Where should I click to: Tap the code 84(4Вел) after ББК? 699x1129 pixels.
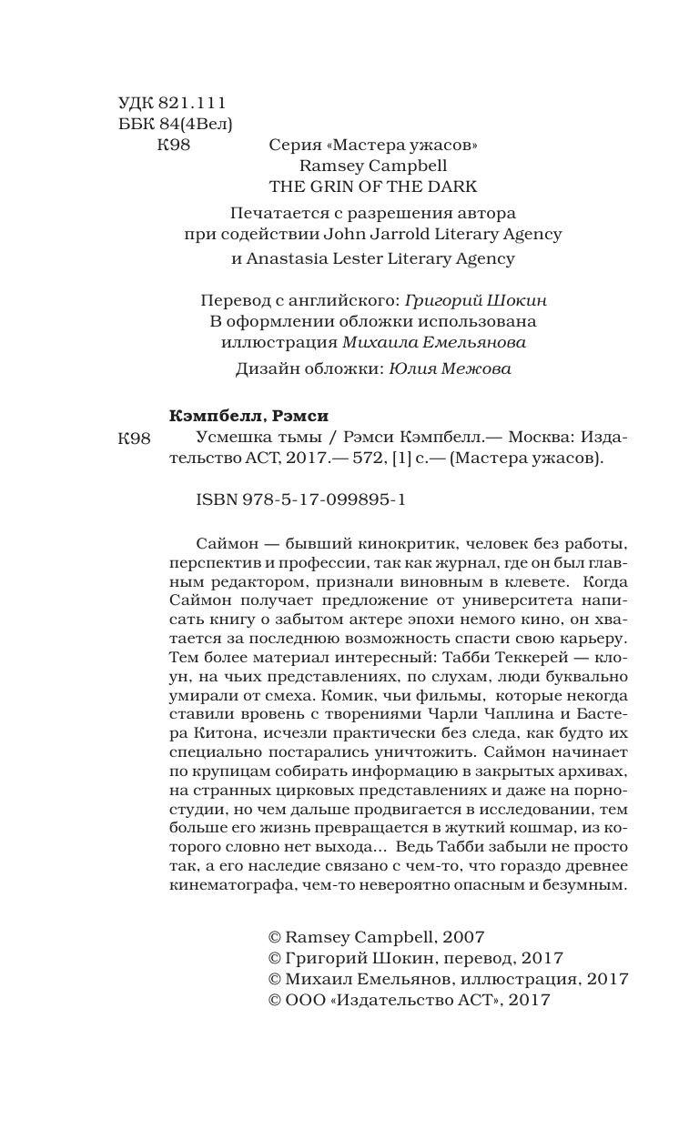click(x=197, y=124)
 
